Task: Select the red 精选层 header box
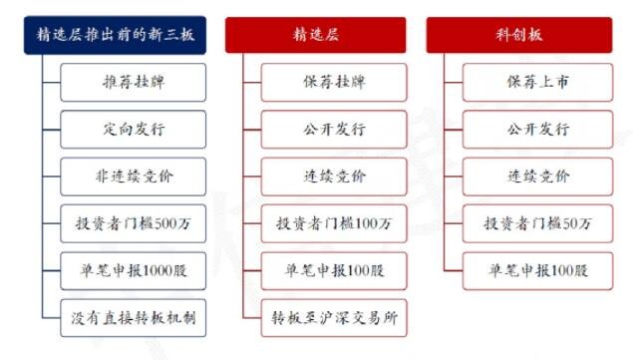[316, 34]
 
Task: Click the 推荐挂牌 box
[134, 83]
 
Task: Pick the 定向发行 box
[134, 130]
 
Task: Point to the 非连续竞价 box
[134, 177]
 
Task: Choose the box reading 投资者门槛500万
[134, 223]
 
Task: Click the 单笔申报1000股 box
[134, 270]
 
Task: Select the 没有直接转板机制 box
[134, 318]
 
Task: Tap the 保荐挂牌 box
[335, 83]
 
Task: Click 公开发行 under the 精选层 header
[335, 130]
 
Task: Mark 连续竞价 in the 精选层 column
[335, 177]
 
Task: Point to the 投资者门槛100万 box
[335, 223]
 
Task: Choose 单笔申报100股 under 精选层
[335, 270]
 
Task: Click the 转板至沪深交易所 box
[335, 318]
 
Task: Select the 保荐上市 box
[536, 83]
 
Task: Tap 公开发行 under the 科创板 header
[536, 130]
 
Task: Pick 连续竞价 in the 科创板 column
[536, 177]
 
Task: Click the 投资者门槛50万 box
[536, 223]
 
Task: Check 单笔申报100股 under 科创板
[536, 270]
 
